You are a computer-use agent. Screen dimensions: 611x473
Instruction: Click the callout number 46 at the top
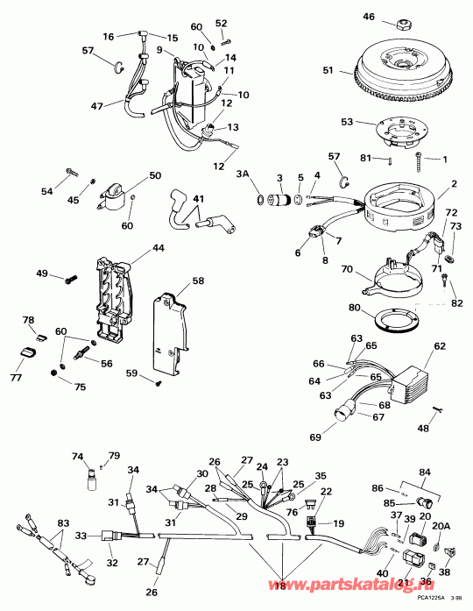[x=368, y=17]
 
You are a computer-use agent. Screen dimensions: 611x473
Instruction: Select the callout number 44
[x=158, y=249]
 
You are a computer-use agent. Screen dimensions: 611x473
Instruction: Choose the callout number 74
[x=75, y=457]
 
